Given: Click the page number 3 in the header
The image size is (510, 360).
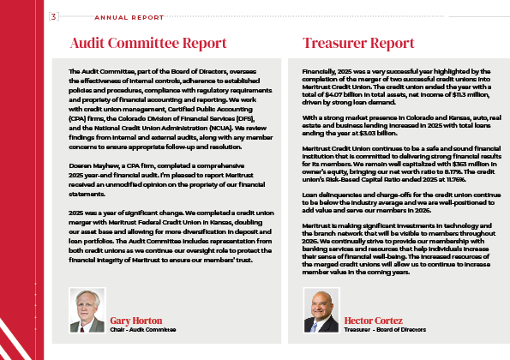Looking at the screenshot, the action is (x=54, y=16).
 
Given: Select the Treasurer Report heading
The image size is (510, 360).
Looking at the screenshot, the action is (x=358, y=43).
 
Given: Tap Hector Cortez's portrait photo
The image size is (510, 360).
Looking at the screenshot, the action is (x=321, y=309).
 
